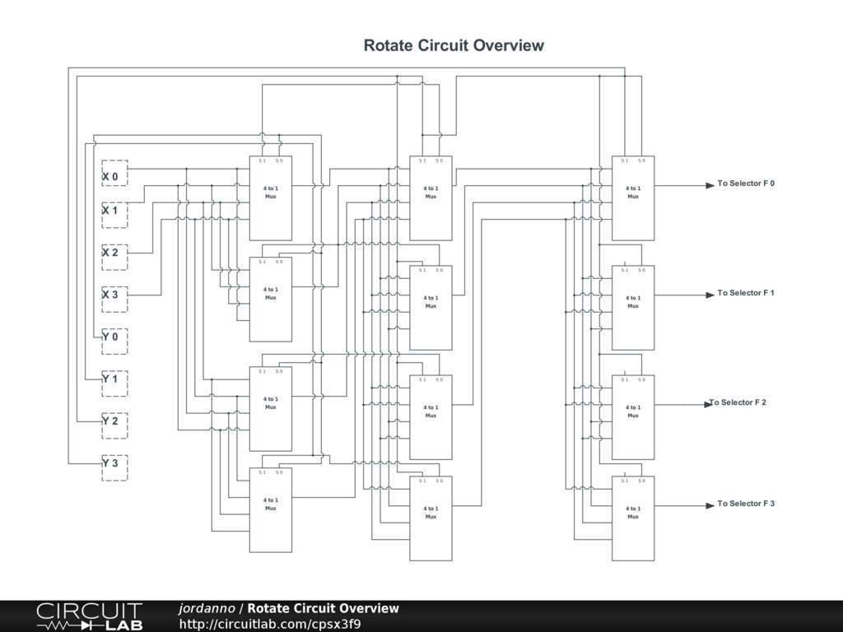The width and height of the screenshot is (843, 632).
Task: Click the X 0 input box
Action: (x=114, y=173)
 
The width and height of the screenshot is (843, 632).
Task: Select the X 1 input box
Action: (x=114, y=215)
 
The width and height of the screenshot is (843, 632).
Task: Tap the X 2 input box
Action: (x=114, y=257)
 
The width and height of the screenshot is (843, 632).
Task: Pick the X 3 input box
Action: (x=114, y=299)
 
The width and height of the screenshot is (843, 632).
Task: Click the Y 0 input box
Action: (x=114, y=341)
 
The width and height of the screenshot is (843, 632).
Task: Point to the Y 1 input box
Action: (x=114, y=383)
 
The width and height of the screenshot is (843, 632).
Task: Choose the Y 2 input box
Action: (x=114, y=425)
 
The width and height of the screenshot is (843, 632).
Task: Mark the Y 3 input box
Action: (x=114, y=467)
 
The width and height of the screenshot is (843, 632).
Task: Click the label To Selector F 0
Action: (x=746, y=184)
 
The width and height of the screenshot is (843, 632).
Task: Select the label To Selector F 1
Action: (x=746, y=293)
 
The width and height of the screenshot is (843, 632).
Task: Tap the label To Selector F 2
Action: (x=738, y=402)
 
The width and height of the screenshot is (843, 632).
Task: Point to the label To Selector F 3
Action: (x=746, y=504)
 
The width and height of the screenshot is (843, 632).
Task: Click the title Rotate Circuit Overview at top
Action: (x=454, y=45)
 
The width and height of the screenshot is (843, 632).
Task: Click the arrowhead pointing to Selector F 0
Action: (x=710, y=185)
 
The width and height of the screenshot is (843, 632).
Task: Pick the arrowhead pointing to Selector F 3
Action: (x=710, y=505)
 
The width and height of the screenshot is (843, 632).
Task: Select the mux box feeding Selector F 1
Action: (x=633, y=308)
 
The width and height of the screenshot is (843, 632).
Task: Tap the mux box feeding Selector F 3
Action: (x=633, y=518)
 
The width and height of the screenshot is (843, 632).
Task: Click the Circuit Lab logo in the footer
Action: (x=89, y=616)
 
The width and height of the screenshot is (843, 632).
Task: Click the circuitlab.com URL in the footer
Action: (x=270, y=625)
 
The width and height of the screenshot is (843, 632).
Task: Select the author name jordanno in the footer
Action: (x=207, y=609)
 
